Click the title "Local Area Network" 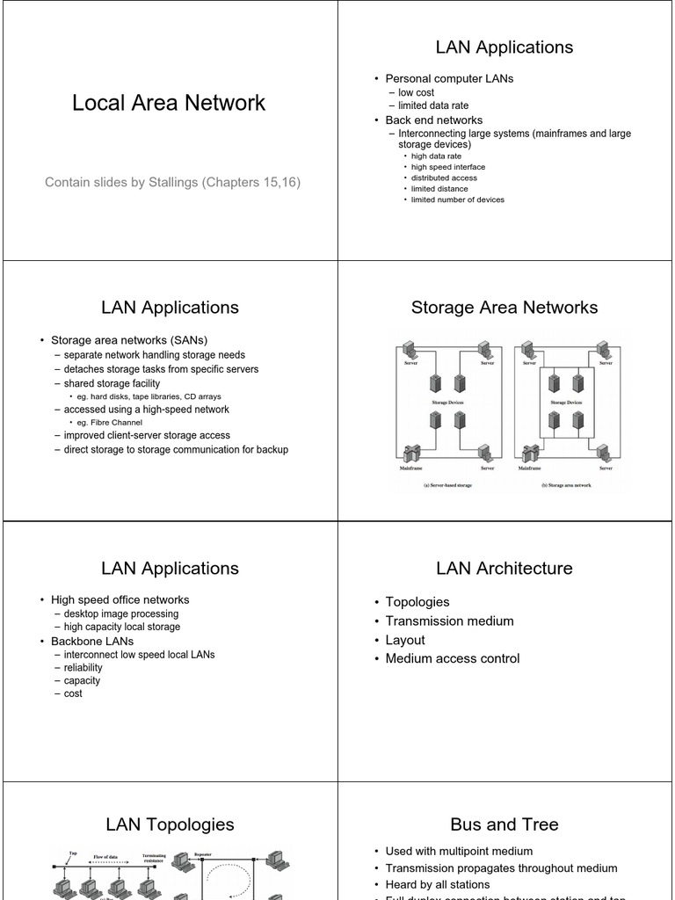169,103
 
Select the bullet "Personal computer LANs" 449,78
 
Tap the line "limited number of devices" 458,200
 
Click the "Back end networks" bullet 433,120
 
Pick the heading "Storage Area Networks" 504,308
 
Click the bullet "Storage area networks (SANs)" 129,339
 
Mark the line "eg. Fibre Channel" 110,422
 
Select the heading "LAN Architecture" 504,569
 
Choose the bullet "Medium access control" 452,658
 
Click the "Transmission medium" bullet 449,621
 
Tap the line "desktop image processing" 121,613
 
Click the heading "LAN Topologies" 170,824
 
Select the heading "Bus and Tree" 504,824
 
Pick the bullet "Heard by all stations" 438,884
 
